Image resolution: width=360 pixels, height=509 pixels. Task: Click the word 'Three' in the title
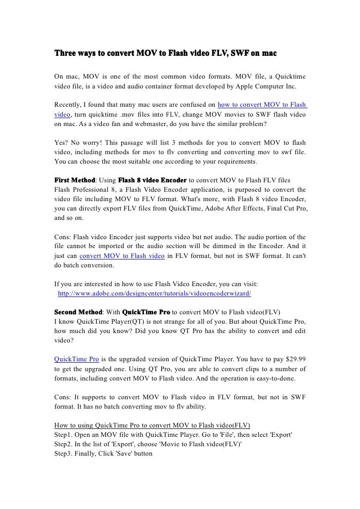(x=65, y=53)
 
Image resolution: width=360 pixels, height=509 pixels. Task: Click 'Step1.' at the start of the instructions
(x=64, y=434)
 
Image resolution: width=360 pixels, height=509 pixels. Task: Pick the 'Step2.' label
(x=64, y=444)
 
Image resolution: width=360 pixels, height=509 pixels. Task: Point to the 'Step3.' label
(x=64, y=454)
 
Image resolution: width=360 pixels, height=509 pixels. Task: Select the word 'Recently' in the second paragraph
(x=68, y=105)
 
